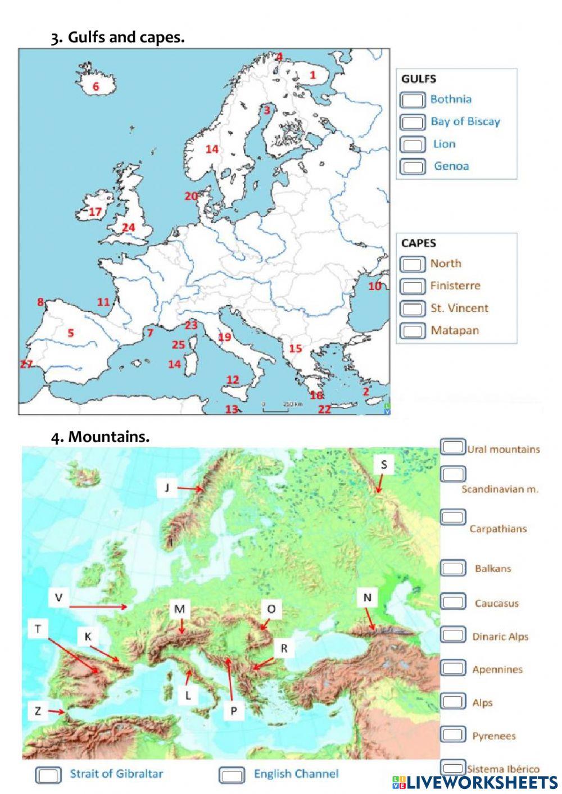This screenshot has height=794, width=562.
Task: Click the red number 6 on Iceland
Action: tap(96, 87)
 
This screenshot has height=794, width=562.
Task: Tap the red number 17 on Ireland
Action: tap(95, 212)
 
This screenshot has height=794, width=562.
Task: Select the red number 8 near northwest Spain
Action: tap(40, 302)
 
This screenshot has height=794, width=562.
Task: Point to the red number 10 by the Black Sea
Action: tap(374, 286)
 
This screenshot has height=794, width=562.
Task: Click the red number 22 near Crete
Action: tap(324, 409)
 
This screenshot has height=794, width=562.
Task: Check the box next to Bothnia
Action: tap(412, 100)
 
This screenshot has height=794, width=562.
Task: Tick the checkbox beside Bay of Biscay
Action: tap(412, 122)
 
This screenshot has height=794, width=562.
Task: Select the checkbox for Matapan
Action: tap(412, 330)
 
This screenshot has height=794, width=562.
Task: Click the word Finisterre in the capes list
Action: tap(455, 285)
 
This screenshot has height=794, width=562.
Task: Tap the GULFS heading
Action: tap(419, 79)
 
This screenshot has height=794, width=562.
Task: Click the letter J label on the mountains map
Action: tap(167, 487)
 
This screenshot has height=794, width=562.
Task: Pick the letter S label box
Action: tap(384, 464)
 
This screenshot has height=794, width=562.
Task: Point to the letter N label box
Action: tap(367, 597)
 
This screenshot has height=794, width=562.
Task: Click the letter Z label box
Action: tap(38, 711)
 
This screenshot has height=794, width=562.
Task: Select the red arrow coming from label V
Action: tap(98, 607)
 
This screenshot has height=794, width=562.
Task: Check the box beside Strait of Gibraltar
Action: tap(48, 775)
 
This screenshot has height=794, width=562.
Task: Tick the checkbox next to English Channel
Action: tap(232, 775)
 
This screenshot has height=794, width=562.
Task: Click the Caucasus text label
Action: tap(496, 604)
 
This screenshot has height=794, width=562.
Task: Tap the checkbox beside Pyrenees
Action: tap(453, 734)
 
